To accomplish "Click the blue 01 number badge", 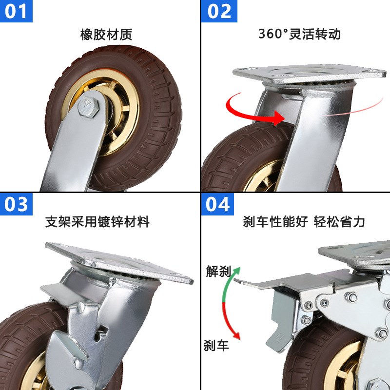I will click(x=17, y=11).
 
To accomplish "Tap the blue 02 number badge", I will click(x=219, y=11).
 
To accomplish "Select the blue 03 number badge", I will click(x=17, y=204).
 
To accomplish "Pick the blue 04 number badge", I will click(x=218, y=204).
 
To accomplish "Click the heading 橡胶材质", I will click(x=106, y=35).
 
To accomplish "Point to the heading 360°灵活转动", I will click(x=299, y=34).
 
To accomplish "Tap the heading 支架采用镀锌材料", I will click(x=97, y=222).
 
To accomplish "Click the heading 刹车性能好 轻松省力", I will click(x=304, y=222).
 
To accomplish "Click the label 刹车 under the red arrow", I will click(x=215, y=346).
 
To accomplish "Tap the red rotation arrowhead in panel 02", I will click(x=279, y=117).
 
